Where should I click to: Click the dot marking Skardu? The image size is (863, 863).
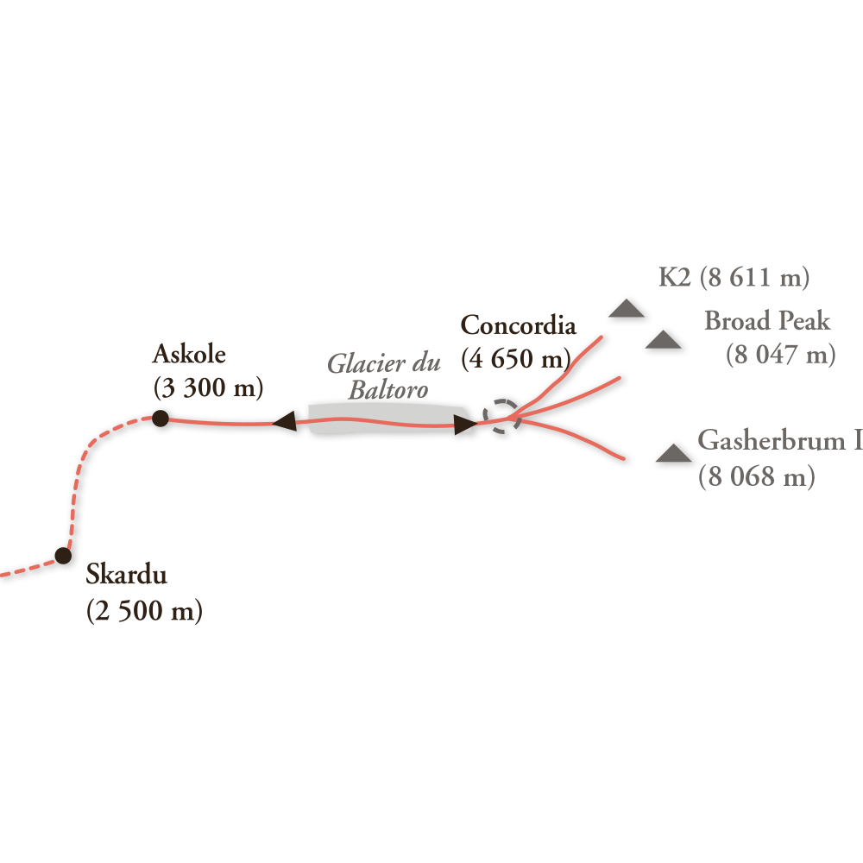63,555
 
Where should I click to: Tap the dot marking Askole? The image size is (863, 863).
160,419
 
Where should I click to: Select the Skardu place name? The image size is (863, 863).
126,575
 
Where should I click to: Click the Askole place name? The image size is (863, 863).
189,354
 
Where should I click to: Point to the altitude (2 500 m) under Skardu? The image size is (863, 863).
144,611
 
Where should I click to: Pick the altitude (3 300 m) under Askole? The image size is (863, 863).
208,388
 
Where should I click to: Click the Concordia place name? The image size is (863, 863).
518,325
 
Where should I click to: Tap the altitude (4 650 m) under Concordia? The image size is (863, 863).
516,358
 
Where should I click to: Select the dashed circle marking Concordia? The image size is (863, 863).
500,417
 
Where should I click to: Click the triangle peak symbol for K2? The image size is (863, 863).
626,310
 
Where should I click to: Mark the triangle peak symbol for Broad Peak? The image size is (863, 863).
663,340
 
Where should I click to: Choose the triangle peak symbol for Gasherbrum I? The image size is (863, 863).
673,454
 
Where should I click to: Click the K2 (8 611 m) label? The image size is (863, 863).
734,278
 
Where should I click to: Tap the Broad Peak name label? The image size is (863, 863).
767,321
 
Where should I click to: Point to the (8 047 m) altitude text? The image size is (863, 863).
780,355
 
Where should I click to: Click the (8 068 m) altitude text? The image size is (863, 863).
756,477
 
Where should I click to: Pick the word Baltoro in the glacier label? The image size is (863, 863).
387,390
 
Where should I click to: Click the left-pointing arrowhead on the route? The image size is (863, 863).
285,422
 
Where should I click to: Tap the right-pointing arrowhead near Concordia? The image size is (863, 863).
464,424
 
